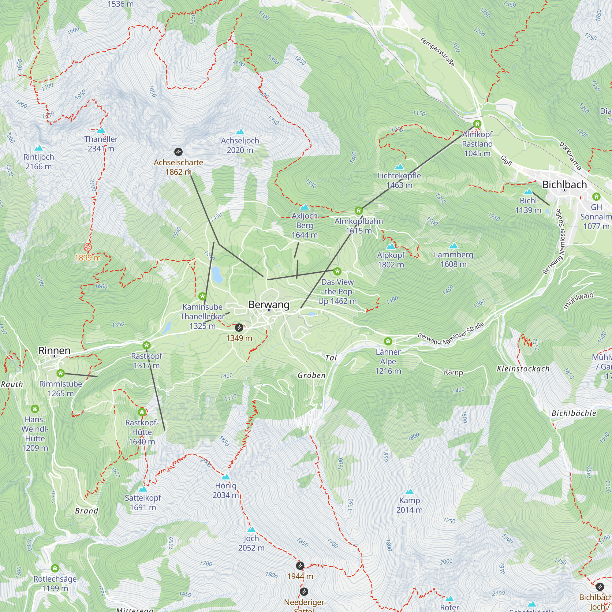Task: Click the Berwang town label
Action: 269,304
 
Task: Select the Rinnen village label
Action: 54,350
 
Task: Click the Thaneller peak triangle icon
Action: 101,130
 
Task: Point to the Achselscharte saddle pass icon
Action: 178,152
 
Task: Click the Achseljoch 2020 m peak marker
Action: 240,132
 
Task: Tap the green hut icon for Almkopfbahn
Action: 358,211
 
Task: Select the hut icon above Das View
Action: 337,271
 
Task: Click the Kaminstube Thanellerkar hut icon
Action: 202,297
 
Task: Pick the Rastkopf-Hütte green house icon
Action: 142,412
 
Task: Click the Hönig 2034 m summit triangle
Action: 226,477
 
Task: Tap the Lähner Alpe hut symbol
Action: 388,341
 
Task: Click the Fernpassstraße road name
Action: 437,52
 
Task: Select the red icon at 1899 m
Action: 88,247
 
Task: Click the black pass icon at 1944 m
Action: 300,565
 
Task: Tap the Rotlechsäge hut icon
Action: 55,568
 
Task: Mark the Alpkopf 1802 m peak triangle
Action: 390,246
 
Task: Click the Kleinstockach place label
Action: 523,369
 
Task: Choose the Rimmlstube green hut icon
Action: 61,373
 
